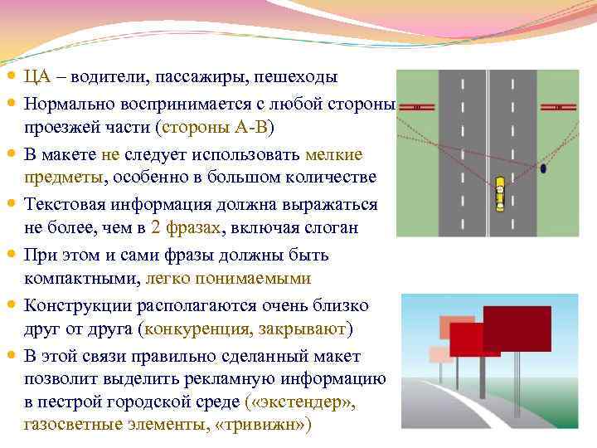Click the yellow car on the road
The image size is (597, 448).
pyautogui.click(x=500, y=193)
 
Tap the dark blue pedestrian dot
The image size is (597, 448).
pyautogui.click(x=543, y=168)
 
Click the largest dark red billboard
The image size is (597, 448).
pyautogui.click(x=517, y=329)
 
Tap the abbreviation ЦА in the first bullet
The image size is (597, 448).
pyautogui.click(x=37, y=77)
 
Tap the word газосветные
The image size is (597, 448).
pyautogui.click(x=75, y=426)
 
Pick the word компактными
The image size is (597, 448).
pyautogui.click(x=80, y=277)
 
